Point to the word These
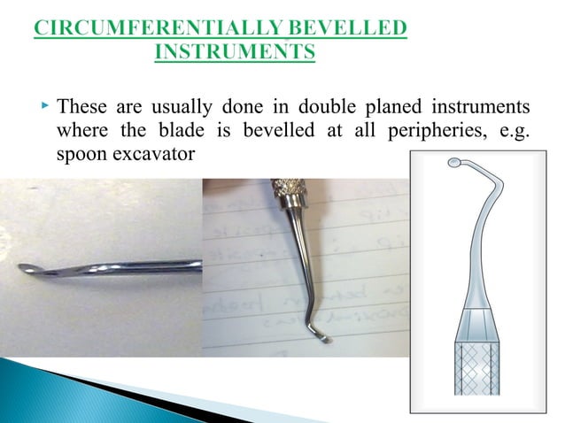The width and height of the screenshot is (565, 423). click(81, 108)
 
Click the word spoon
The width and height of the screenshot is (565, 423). click(79, 154)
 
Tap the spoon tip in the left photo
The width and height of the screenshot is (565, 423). click(27, 269)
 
